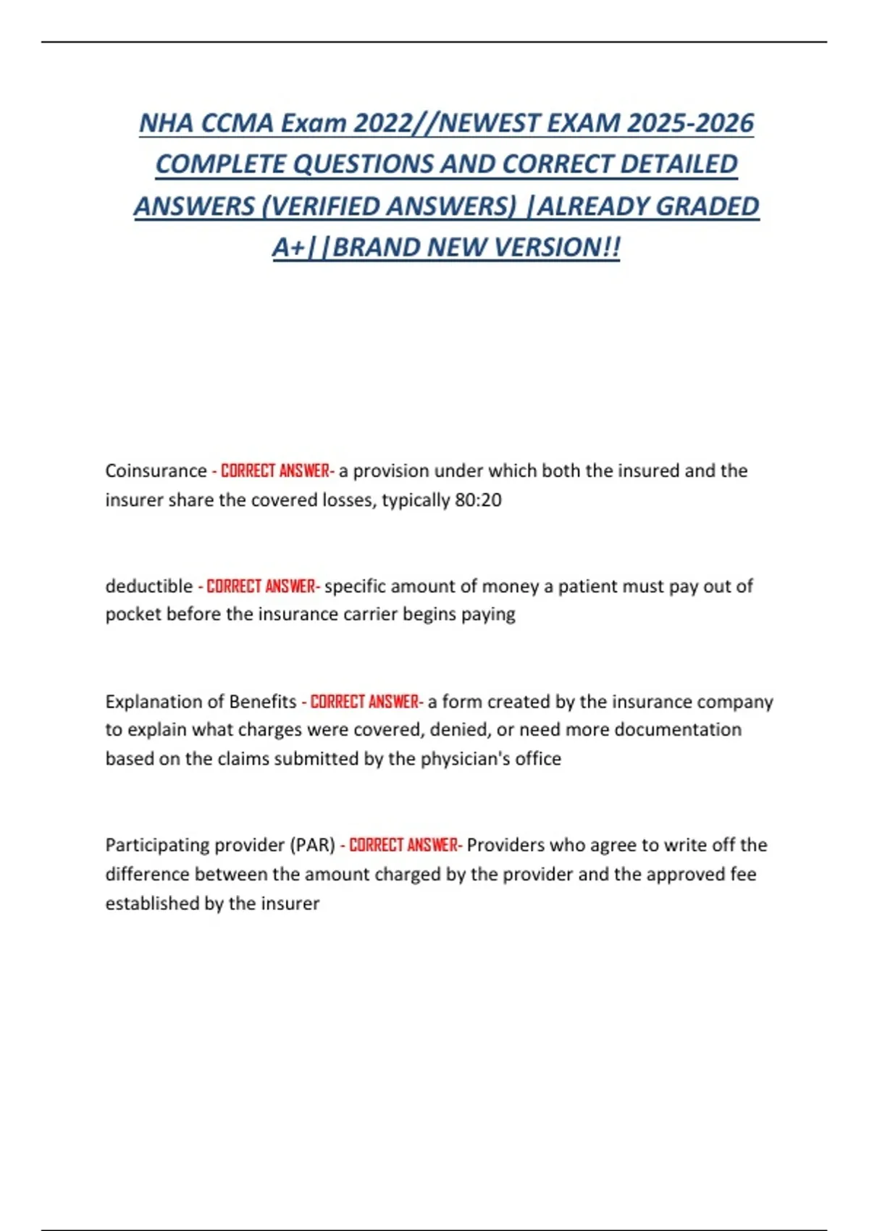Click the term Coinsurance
coord(156,471)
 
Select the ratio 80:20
coord(478,500)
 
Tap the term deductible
coord(149,586)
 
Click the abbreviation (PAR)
coord(313,845)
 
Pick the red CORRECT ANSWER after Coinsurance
coord(275,471)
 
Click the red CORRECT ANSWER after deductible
coord(261,586)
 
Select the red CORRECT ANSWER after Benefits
coord(365,702)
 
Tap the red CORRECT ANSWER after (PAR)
coord(404,845)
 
